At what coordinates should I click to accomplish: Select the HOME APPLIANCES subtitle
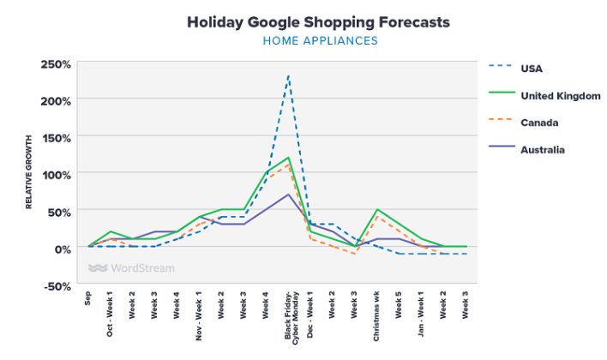[x=318, y=41]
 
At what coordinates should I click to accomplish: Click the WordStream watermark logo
[x=131, y=267]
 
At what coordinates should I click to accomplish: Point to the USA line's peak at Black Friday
[x=288, y=75]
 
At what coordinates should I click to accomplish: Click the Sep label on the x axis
[x=88, y=297]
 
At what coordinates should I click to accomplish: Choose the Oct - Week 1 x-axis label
[x=111, y=314]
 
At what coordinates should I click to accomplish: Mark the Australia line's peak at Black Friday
[x=288, y=195]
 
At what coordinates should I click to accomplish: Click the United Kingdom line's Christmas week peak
[x=377, y=209]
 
